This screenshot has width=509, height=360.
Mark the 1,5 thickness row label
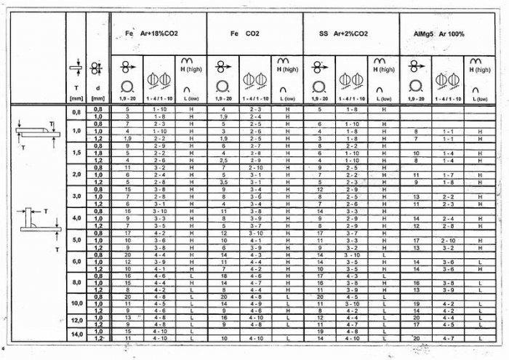click(x=77, y=153)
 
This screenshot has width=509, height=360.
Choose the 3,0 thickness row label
click(x=77, y=196)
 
